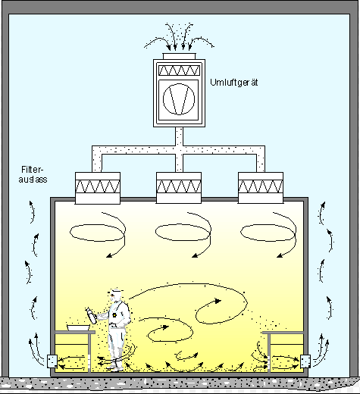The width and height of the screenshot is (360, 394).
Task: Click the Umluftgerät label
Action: click(234, 83)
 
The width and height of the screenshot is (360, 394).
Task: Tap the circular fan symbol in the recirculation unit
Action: click(179, 99)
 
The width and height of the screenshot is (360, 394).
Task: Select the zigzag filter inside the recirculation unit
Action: click(179, 70)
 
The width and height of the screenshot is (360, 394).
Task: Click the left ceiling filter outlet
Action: click(98, 188)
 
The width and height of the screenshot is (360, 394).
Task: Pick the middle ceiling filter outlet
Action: click(179, 188)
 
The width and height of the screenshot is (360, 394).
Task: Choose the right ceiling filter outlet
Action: click(261, 188)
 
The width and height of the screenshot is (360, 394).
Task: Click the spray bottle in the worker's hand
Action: click(91, 316)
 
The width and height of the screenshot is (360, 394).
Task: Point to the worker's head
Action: click(116, 295)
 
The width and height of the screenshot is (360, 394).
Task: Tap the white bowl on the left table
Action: click(78, 328)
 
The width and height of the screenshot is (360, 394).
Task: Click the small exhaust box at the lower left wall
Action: click(52, 361)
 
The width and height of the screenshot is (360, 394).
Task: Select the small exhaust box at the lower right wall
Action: click(305, 361)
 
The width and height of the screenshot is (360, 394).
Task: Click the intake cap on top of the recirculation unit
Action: click(179, 56)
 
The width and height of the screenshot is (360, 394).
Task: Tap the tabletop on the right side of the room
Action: click(283, 333)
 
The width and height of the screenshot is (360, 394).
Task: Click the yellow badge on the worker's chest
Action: click(114, 315)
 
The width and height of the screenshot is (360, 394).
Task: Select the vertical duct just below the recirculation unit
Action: click(179, 136)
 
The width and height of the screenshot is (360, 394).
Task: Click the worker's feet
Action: click(115, 369)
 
